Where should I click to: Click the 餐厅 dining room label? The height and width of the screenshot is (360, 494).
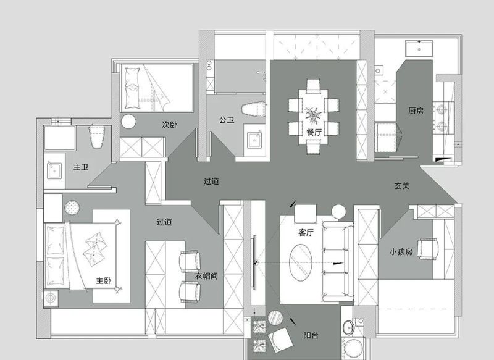[x=314, y=132]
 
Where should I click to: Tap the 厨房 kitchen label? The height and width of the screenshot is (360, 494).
[x=416, y=111]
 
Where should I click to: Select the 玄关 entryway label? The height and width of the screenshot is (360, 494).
[x=402, y=185]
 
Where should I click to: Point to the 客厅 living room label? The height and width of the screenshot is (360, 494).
[x=306, y=233]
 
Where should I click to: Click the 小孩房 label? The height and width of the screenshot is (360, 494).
[x=401, y=252]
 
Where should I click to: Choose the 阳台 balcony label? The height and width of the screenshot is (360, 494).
[x=311, y=335]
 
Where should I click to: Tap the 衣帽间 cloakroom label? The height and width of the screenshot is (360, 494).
[x=206, y=276]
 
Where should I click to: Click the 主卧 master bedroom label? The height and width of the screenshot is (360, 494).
[x=104, y=280]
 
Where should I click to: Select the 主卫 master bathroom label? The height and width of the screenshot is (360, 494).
[x=81, y=167]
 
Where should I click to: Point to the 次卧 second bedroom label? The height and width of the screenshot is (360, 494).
[x=170, y=125]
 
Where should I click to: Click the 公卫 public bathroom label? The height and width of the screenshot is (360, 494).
[x=226, y=120]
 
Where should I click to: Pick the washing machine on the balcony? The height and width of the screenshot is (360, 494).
[x=354, y=347]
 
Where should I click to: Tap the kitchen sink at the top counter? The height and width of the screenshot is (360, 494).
[x=420, y=48]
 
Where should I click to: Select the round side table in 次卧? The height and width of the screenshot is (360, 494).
[x=130, y=122]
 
